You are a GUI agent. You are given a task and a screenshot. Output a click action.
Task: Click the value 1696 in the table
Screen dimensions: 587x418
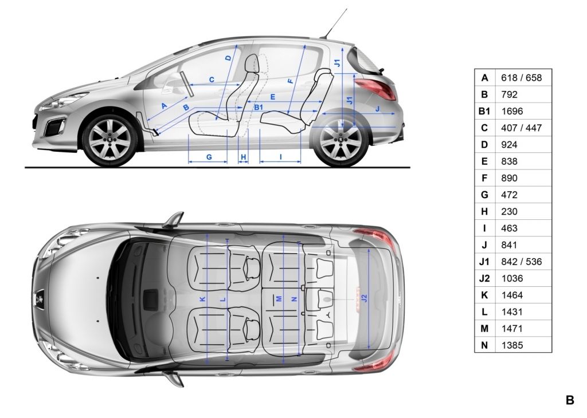pyautogui.click(x=512, y=112)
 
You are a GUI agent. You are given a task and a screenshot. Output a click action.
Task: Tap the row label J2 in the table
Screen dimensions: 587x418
pyautogui.click(x=484, y=278)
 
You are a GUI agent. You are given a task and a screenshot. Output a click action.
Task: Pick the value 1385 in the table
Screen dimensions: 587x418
pyautogui.click(x=512, y=345)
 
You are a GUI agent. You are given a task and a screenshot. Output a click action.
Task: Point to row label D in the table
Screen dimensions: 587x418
pyautogui.click(x=484, y=145)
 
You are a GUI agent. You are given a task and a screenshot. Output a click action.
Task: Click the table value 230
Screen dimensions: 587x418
pyautogui.click(x=509, y=212)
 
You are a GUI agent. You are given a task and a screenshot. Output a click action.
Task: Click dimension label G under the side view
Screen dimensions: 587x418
pyautogui.click(x=209, y=157)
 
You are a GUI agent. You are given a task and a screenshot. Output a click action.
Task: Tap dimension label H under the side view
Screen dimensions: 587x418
pyautogui.click(x=243, y=157)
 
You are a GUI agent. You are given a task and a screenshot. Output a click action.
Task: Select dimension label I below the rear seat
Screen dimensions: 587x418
pyautogui.click(x=280, y=157)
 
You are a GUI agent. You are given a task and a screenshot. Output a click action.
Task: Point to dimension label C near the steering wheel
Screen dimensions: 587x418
pyautogui.click(x=212, y=80)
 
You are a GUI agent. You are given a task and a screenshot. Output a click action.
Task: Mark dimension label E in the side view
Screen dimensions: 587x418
pyautogui.click(x=272, y=97)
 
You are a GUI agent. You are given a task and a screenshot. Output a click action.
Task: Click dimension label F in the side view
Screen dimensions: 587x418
pyautogui.click(x=291, y=81)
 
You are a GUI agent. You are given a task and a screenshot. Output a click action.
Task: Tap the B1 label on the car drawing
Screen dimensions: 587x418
pyautogui.click(x=259, y=108)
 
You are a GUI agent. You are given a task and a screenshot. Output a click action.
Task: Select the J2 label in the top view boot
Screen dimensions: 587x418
pyautogui.click(x=365, y=298)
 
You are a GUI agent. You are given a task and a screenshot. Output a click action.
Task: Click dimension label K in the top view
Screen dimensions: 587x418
pyautogui.click(x=202, y=299)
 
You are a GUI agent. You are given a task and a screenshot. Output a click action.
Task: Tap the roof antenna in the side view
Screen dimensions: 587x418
pyautogui.click(x=334, y=23)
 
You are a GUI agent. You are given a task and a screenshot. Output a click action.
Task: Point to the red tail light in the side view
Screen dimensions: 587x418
pyautogui.click(x=376, y=88)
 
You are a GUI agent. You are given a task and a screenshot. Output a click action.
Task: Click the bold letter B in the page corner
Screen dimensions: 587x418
pyautogui.click(x=570, y=400)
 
